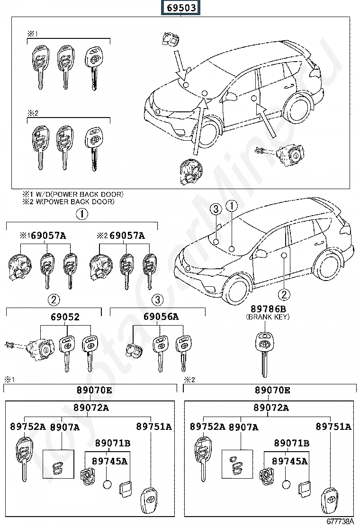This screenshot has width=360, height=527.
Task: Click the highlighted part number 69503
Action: pos(180,8)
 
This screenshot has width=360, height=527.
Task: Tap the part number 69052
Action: pos(65,317)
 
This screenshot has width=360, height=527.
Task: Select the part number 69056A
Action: pos(161,317)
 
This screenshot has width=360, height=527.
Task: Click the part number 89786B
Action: pos(268,309)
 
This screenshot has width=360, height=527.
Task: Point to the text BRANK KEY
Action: pos(268,317)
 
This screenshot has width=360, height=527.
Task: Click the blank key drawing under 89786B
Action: pos(265,354)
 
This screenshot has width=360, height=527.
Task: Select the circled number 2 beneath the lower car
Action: pos(284,294)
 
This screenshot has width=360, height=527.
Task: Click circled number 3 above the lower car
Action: pos(216,209)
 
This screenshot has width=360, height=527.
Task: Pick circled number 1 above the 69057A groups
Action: pos(81,214)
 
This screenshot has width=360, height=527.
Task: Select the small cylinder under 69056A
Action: pos(133,351)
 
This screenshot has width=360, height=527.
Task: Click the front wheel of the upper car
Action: pos(209,133)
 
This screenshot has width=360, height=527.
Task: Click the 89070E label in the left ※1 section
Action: pos(94,390)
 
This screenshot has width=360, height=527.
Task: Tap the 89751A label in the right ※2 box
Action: pos(333,427)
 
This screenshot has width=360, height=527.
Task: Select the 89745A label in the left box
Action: pos(110,461)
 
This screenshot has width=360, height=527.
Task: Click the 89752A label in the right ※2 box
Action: pos(207,427)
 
